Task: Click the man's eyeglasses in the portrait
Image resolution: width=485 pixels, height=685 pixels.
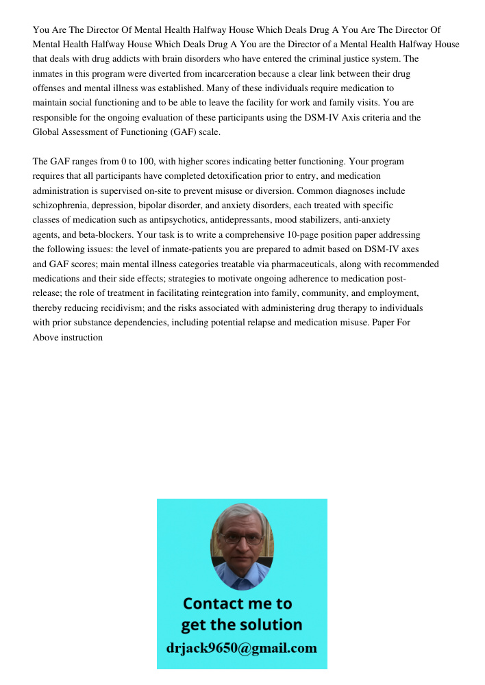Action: [242, 539]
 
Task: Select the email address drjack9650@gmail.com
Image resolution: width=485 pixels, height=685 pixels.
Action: [242, 648]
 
